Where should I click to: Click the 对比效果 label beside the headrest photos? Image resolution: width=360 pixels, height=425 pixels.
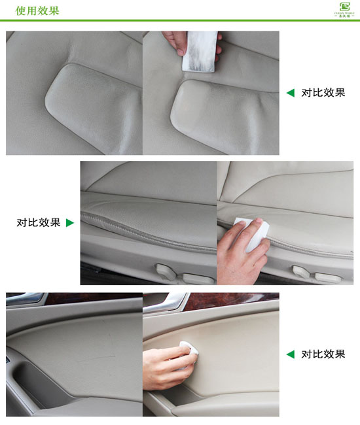323,93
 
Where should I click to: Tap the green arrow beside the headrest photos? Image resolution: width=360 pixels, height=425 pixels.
290,93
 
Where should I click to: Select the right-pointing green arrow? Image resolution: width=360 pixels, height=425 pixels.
69,223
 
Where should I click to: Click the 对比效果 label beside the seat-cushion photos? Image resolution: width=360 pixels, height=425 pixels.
38,223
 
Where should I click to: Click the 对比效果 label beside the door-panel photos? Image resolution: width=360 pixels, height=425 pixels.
323,354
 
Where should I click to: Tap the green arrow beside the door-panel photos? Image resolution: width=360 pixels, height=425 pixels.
290,354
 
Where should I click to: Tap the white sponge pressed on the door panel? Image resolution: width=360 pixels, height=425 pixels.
187,347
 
